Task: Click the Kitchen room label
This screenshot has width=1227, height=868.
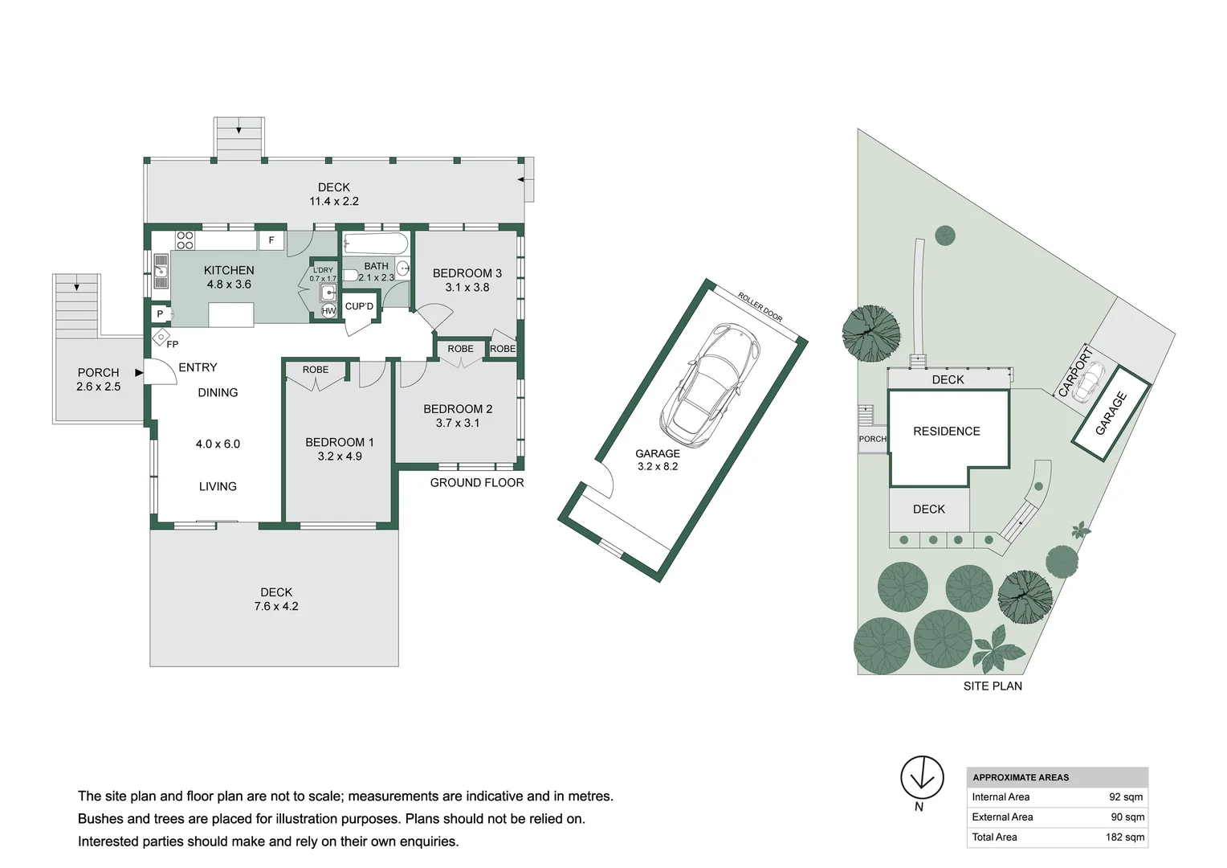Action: tap(229, 270)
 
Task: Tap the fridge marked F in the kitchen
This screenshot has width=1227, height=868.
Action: tap(271, 240)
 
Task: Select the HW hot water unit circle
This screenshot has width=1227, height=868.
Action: tap(328, 311)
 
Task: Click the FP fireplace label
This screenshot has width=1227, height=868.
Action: tap(173, 344)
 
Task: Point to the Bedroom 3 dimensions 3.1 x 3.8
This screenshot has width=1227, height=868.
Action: tap(467, 287)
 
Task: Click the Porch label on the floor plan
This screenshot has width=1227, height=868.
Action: tap(98, 373)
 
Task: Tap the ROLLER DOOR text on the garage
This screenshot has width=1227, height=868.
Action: tap(760, 307)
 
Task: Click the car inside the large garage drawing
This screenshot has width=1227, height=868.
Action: tap(710, 385)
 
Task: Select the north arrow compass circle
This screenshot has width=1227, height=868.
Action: tap(923, 777)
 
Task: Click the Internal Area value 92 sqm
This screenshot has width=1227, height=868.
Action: tap(1126, 797)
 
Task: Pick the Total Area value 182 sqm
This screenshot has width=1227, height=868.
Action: tap(1125, 837)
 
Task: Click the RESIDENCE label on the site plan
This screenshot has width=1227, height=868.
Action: tap(947, 432)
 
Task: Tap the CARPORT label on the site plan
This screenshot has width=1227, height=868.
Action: tap(1075, 372)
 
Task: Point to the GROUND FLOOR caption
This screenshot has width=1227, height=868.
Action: tap(477, 483)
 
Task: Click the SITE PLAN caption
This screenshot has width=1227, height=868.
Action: tap(993, 686)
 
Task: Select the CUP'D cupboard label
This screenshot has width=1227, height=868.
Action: tap(359, 306)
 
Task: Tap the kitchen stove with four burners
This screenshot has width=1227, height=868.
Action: tap(185, 241)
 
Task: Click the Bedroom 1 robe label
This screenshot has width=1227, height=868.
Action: tap(316, 370)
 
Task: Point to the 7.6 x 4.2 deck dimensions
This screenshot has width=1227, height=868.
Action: tap(276, 607)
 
